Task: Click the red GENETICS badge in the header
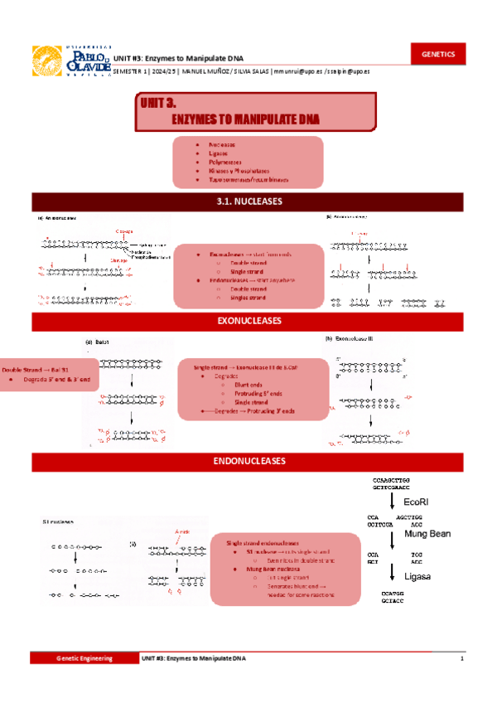tap(438, 54)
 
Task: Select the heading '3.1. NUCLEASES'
tap(248, 201)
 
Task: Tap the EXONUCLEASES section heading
tap(248, 321)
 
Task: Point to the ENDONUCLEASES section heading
tap(248, 462)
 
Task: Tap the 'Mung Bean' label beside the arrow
tap(427, 535)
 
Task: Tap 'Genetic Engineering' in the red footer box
tap(83, 657)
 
